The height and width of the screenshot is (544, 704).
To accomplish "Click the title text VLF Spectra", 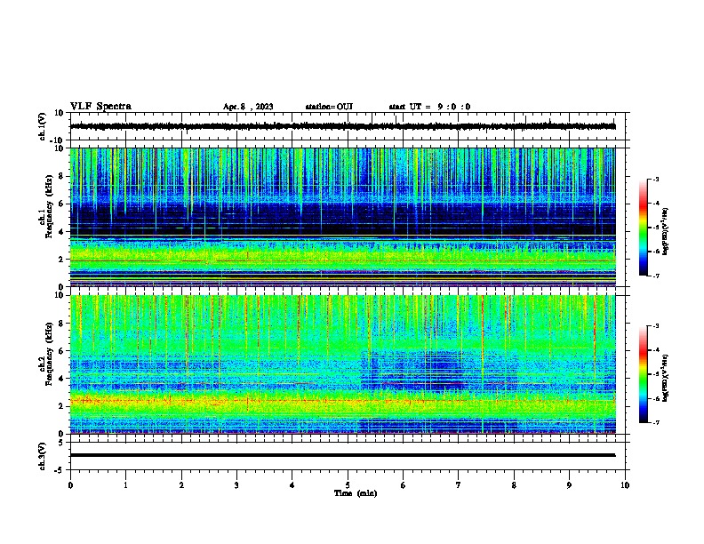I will [x=100, y=107].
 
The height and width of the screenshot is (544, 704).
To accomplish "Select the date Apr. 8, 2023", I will [x=248, y=107].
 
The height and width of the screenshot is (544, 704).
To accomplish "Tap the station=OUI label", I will [x=329, y=107].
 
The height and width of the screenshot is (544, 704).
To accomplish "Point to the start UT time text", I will [x=429, y=107].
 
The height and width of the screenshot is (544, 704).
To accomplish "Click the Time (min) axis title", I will [x=355, y=492].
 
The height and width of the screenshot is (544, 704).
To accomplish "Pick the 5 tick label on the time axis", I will [x=348, y=485].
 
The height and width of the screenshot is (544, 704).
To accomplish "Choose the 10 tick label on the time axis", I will [x=625, y=485].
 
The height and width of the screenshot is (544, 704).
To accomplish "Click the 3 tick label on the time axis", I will [x=236, y=485].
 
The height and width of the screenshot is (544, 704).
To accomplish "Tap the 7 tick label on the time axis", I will [x=459, y=485].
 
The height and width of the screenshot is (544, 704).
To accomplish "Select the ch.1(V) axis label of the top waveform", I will [x=44, y=127].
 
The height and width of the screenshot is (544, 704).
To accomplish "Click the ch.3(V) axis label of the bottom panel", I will [x=44, y=455].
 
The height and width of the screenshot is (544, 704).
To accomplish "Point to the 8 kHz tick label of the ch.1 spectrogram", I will [x=60, y=176].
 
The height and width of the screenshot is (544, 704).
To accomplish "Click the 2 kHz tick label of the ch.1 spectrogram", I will [x=60, y=260].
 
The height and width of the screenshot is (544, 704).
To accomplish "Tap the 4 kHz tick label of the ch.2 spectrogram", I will [x=60, y=379].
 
